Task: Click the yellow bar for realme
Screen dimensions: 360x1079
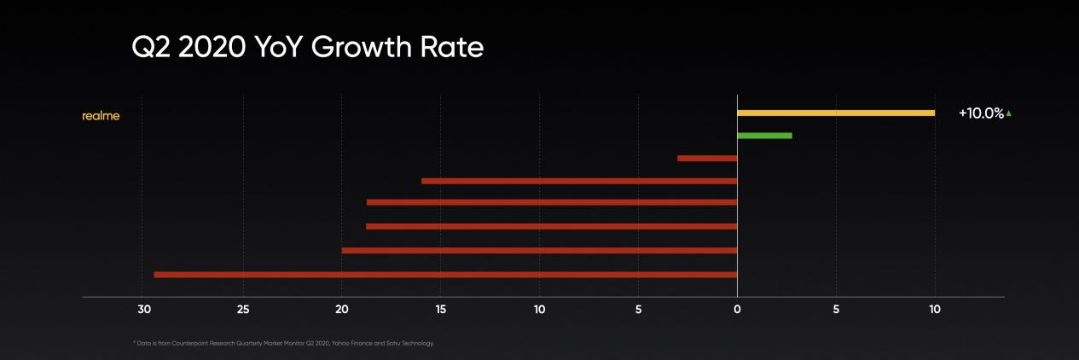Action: tap(836, 113)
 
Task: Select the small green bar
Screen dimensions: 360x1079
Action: tap(764, 136)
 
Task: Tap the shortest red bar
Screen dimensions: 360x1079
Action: tap(707, 159)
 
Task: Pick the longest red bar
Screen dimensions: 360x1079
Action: tap(445, 275)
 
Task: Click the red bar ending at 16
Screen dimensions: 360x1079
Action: tap(579, 181)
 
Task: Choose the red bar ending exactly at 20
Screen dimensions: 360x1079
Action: tap(539, 251)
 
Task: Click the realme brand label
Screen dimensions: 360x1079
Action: tap(101, 116)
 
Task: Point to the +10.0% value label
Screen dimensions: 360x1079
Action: tap(981, 113)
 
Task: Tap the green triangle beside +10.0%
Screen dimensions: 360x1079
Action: tap(1009, 113)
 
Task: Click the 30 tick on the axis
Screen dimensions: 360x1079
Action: tap(144, 310)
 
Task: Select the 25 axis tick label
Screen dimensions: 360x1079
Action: tap(243, 310)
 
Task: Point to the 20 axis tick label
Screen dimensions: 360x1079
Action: tap(342, 310)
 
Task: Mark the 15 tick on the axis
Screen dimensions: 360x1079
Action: tap(440, 310)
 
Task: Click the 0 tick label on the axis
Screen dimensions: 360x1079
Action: tap(737, 310)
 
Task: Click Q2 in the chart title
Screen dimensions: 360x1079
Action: tap(151, 48)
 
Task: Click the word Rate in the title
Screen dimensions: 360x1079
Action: tap(456, 48)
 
